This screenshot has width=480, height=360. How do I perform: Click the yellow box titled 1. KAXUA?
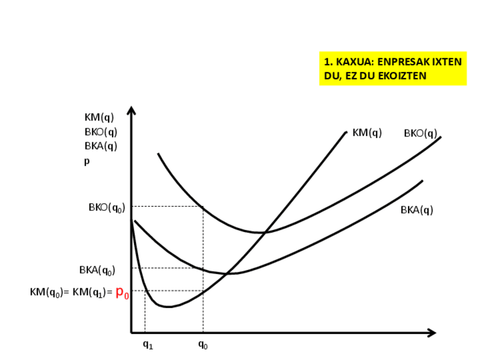[392, 68]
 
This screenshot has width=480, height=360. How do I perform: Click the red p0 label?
[122, 293]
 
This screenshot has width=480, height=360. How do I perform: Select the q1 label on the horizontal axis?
[148, 344]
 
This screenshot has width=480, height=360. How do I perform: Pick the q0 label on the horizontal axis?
[203, 344]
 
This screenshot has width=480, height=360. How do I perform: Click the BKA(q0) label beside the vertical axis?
[97, 270]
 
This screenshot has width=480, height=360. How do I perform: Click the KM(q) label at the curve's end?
[367, 132]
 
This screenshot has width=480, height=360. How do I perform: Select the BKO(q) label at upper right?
[420, 134]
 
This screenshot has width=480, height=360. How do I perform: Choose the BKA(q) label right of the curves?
[417, 210]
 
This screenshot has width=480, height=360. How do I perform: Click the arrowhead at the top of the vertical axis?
[131, 110]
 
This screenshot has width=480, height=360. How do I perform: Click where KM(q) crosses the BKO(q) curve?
[264, 232]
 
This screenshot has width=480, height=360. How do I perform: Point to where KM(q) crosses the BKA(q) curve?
[228, 274]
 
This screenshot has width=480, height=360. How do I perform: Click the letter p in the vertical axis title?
[87, 161]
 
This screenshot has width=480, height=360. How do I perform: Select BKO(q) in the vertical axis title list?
[100, 132]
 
